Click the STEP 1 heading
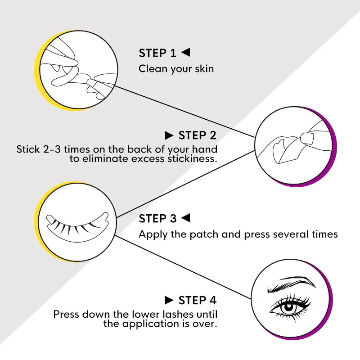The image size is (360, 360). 157,53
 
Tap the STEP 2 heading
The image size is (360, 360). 198,135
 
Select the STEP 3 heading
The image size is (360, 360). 158,218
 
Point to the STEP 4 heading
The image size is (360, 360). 198,300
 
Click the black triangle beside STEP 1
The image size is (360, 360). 185,52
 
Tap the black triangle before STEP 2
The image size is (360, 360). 169,135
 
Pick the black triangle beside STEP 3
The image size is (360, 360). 185,218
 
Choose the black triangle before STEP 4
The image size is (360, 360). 169,300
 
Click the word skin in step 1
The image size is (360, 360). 204,69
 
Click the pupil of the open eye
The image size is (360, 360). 288,307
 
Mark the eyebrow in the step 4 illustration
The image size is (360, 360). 291,284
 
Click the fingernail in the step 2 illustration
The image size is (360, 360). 307,138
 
